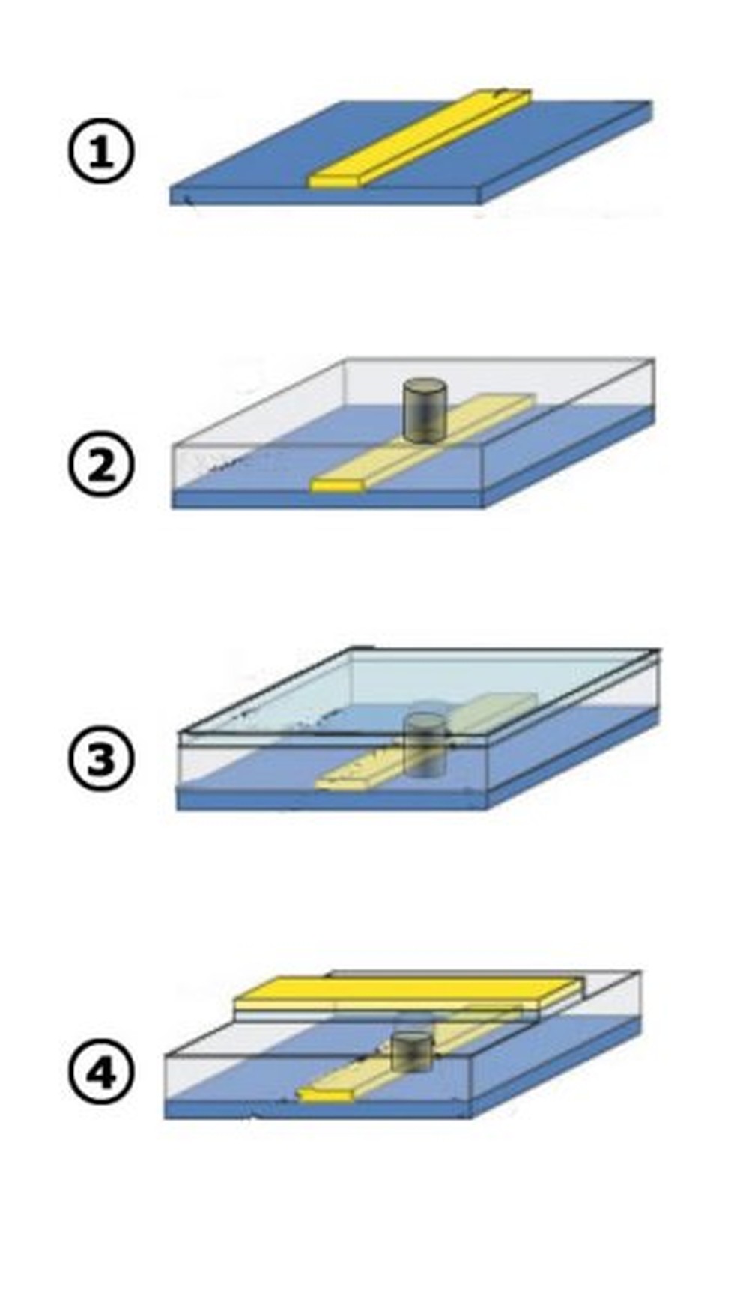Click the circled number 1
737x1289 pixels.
(100, 153)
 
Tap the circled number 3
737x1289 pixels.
(100, 759)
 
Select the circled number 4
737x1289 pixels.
(100, 1073)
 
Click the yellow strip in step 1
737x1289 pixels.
(419, 138)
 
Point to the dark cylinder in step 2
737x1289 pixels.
(425, 409)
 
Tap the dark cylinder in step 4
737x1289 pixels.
(412, 1051)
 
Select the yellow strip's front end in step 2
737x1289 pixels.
(337, 486)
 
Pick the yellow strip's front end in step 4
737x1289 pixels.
(324, 1095)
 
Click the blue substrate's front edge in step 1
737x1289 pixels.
(324, 195)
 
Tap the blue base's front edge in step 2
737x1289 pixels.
(327, 499)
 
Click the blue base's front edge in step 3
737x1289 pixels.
(332, 799)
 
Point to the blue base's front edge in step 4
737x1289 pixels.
(318, 1109)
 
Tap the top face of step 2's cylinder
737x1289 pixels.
(425, 387)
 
